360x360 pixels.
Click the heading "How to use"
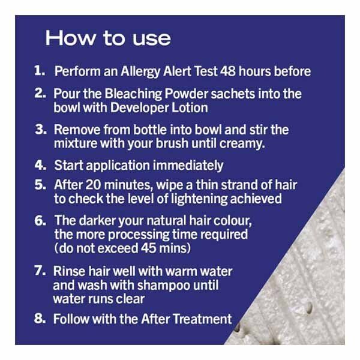(108, 38)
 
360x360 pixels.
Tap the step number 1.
(40, 71)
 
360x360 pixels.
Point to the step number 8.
(40, 318)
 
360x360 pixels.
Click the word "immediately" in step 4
(187, 164)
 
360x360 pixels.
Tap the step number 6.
(40, 220)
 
